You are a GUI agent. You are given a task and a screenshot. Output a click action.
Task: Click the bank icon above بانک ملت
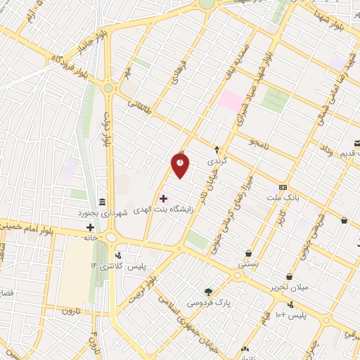click(283, 187)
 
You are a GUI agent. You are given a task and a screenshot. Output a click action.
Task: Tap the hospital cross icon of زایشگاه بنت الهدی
click(163, 199)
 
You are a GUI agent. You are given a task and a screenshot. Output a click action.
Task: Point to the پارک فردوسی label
click(208, 302)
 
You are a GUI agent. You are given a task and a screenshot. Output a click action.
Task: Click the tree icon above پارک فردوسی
click(208, 292)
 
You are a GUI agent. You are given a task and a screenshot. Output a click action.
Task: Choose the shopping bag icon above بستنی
click(248, 254)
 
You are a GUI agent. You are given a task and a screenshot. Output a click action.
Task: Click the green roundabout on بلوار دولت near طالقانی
click(108, 89)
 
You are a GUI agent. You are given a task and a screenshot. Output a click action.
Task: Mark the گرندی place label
click(213, 161)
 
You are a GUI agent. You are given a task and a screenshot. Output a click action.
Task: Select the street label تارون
click(72, 310)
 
